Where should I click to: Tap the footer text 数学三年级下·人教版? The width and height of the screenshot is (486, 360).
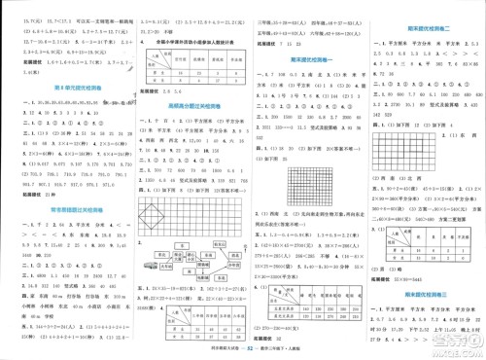(284, 346)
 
